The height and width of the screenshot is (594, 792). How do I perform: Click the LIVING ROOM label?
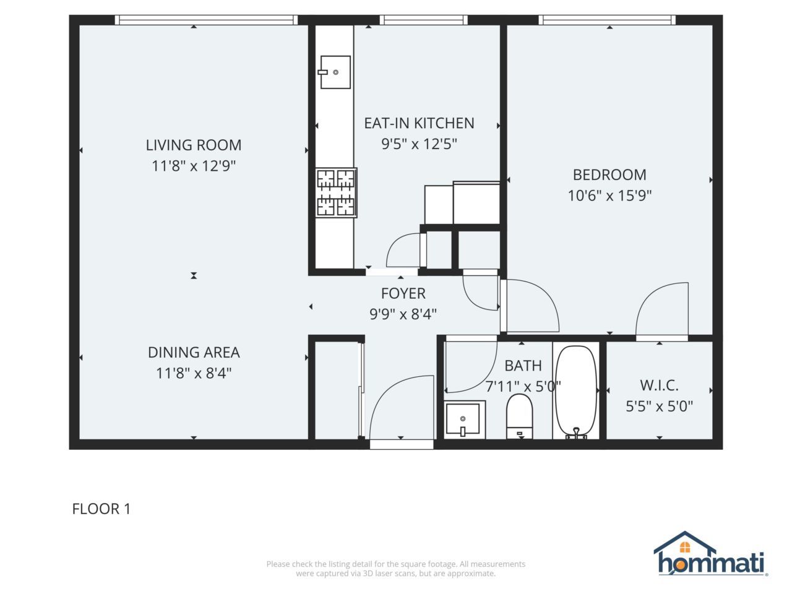(194, 145)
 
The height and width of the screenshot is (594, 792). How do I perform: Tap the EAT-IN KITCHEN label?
(419, 123)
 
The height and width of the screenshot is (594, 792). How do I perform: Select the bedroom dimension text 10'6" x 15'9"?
(609, 196)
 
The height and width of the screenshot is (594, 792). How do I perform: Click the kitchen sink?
(335, 72)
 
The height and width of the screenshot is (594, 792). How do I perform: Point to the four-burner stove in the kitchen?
(336, 192)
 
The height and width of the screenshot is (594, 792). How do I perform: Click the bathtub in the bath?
(575, 392)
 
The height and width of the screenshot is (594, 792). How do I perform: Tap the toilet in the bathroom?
(520, 416)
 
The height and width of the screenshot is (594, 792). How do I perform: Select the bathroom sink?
(464, 420)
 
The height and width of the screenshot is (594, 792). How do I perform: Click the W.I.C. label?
(659, 385)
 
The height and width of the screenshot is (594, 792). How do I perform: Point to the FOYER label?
(403, 293)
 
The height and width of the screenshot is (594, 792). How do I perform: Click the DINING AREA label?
(194, 352)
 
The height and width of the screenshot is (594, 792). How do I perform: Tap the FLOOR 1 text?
(101, 509)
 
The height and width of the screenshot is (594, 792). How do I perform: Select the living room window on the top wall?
(207, 20)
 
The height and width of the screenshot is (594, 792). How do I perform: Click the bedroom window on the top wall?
(607, 20)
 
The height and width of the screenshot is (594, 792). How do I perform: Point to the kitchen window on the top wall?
(424, 20)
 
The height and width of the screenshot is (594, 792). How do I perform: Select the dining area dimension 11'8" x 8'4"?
(194, 373)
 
